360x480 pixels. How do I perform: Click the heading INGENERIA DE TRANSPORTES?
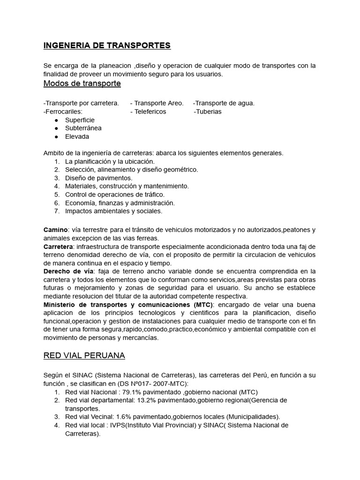tap(107, 45)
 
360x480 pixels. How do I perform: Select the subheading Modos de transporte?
tap(82, 83)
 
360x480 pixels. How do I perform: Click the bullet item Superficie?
tap(80, 120)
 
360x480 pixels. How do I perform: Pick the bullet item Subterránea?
tap(83, 128)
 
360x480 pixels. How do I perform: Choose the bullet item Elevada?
tap(77, 136)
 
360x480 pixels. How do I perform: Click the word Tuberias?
tap(209, 112)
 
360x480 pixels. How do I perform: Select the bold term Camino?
tap(56, 230)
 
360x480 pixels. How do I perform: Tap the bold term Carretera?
tap(58, 247)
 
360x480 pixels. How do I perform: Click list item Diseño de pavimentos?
tap(98, 178)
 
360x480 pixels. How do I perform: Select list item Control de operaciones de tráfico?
tap(115, 195)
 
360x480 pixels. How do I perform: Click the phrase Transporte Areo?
tap(159, 103)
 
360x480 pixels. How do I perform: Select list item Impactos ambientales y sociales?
tap(113, 211)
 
